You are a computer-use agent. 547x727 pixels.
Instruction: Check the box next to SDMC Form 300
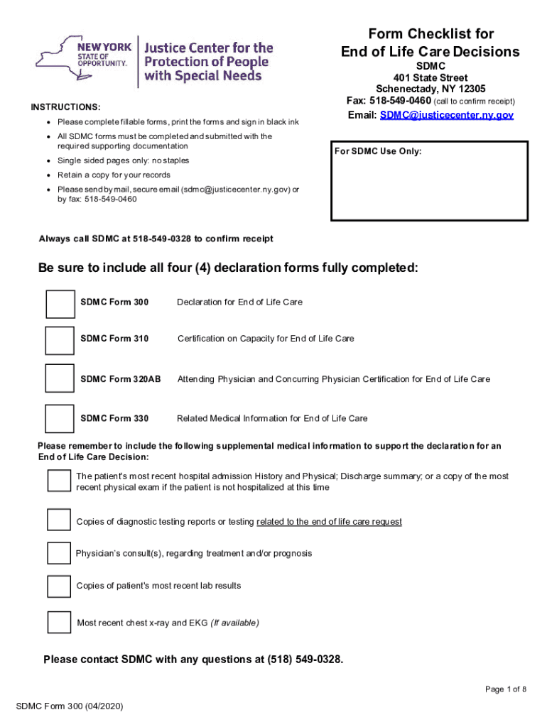(x=60, y=303)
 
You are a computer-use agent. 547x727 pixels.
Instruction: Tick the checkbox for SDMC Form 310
(x=59, y=340)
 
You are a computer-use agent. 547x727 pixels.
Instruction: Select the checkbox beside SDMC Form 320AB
(x=59, y=378)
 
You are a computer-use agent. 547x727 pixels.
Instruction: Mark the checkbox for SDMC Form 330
(x=59, y=418)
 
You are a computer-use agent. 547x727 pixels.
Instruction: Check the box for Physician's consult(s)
(x=59, y=552)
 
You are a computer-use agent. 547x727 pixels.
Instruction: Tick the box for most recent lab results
(x=59, y=586)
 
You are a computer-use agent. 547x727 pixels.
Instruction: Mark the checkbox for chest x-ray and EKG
(x=59, y=622)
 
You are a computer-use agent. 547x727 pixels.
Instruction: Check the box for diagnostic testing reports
(x=59, y=520)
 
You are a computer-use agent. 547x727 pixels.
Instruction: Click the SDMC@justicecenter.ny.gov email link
(x=446, y=115)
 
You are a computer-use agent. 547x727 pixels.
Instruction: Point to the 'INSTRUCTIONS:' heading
(x=65, y=107)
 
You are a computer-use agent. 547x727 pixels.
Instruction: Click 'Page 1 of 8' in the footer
(x=506, y=689)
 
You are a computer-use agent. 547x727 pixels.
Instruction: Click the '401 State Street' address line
(x=430, y=77)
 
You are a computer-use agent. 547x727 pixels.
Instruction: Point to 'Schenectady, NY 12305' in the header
(x=430, y=89)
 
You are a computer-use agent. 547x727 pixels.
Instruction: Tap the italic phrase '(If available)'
(x=234, y=623)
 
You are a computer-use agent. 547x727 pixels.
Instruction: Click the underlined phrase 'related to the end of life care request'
(x=329, y=522)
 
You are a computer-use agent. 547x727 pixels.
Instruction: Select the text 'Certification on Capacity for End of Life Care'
(x=266, y=339)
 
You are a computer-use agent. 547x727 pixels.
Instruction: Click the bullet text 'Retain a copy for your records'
(x=114, y=175)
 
